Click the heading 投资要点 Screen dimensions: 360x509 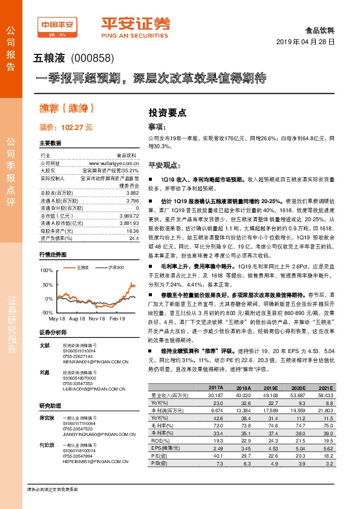tap(167, 112)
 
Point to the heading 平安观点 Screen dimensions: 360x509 tap(163, 165)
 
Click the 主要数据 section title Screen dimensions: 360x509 tap(50, 143)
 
